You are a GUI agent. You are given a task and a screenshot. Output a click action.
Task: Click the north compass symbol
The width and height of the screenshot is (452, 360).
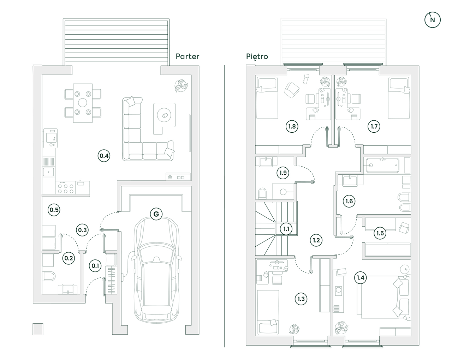point(432,20)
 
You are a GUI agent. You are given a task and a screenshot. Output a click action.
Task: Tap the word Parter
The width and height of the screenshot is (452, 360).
point(188,56)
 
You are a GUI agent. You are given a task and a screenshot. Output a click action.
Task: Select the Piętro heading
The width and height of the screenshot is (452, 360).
point(257,56)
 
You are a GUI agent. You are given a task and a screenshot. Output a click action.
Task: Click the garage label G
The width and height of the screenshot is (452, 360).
point(156,214)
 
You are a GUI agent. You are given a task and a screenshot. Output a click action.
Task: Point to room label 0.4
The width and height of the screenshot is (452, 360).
point(104,155)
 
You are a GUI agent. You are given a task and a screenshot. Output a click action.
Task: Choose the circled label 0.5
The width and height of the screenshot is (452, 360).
point(54,210)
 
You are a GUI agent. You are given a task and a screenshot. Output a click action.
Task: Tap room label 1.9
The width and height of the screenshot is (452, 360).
point(283,173)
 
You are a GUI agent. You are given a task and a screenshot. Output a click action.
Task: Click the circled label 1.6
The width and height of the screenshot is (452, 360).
point(349,201)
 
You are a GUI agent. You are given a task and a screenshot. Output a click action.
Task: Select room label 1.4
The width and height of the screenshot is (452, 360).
point(360,278)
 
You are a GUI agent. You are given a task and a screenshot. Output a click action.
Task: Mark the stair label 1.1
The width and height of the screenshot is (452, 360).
point(286,229)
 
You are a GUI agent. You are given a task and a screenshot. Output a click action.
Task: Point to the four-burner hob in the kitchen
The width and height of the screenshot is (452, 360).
point(65,187)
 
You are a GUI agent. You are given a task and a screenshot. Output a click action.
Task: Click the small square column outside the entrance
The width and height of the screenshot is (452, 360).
point(38,329)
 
